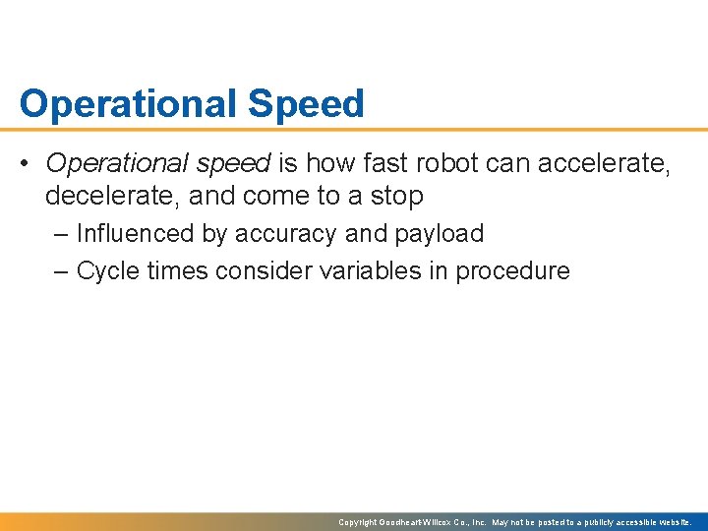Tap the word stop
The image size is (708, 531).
397,196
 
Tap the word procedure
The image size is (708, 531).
512,270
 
